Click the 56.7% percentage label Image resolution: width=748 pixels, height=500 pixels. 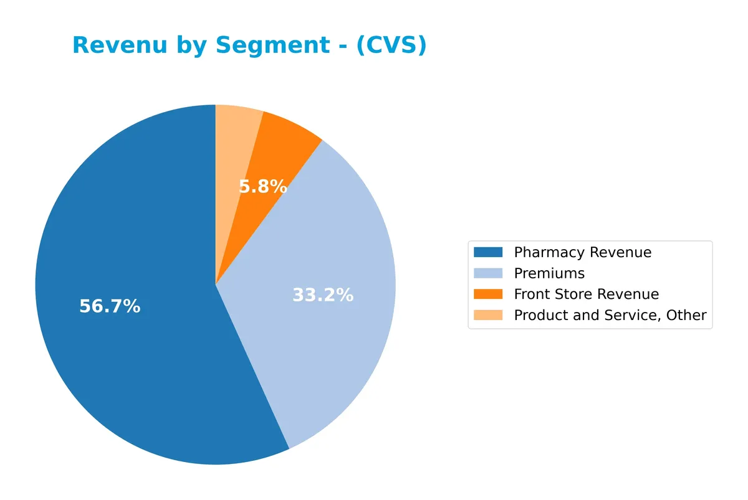[x=110, y=306]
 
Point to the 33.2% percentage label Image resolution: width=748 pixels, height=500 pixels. [x=323, y=295]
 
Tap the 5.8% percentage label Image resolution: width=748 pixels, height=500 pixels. [x=263, y=186]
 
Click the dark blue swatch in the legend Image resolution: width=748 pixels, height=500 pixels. [x=487, y=252]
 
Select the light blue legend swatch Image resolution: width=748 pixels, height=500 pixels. [x=487, y=273]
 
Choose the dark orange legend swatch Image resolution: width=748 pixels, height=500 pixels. [x=487, y=294]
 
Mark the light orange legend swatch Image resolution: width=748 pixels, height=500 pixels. [x=487, y=315]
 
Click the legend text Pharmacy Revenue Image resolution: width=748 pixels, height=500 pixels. [x=582, y=252]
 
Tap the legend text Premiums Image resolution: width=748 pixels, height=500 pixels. [x=549, y=273]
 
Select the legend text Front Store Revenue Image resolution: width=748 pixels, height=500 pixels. [x=586, y=294]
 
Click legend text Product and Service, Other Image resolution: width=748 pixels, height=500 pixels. [x=610, y=315]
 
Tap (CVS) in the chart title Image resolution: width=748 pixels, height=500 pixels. [x=391, y=45]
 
